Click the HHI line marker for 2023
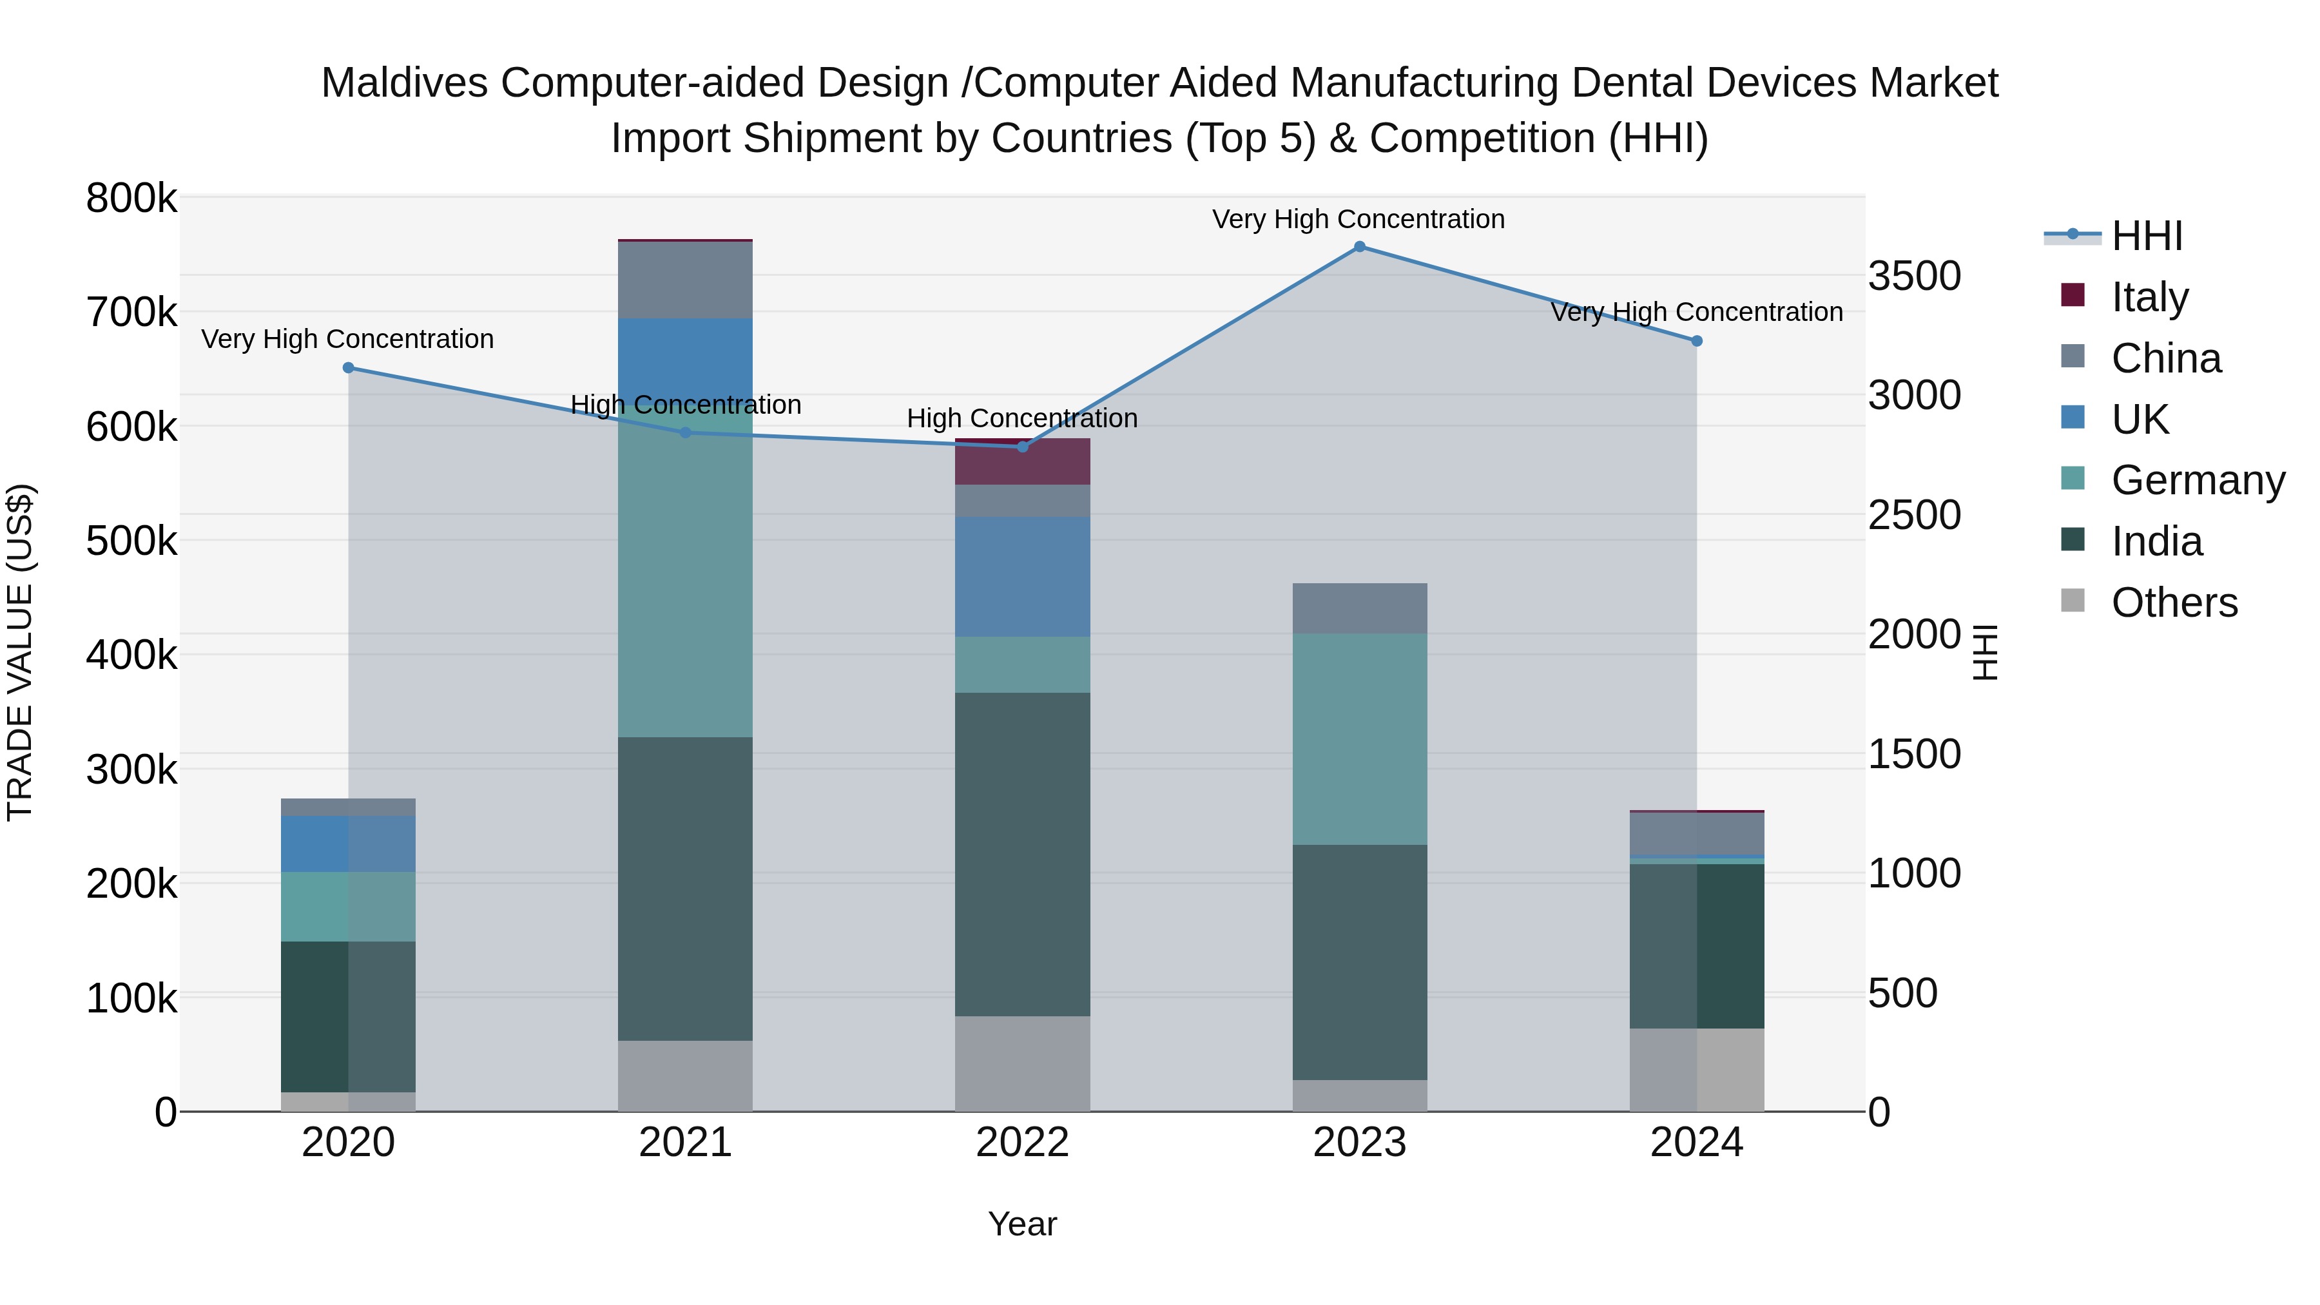(x=1359, y=247)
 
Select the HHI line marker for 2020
(x=349, y=367)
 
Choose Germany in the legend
(x=2197, y=480)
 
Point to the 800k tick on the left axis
(x=131, y=198)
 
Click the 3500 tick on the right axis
(x=1914, y=276)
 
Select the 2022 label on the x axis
(x=1022, y=1143)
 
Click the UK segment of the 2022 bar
(x=1022, y=576)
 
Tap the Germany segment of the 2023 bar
(x=1359, y=739)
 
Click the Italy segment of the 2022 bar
(x=1022, y=463)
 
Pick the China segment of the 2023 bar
(x=1359, y=608)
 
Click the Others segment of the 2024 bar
(x=1696, y=1070)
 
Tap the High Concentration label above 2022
(x=1022, y=419)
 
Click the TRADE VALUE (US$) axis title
(x=20, y=652)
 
